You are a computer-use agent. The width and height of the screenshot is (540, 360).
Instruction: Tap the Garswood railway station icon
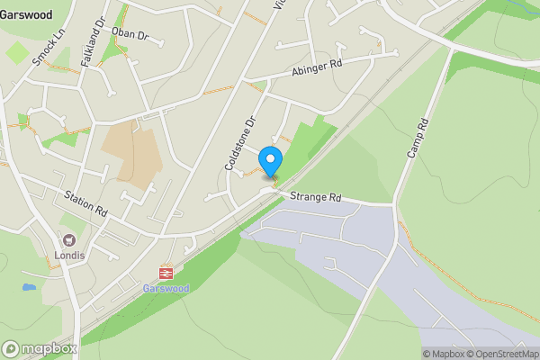166,272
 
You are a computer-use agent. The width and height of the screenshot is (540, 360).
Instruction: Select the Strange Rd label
310,197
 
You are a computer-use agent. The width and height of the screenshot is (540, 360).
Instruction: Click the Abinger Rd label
318,69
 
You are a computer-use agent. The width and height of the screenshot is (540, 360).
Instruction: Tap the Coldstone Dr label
241,143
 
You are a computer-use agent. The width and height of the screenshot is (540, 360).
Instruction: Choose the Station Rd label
85,202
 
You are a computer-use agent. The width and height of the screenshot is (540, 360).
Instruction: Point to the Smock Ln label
42,46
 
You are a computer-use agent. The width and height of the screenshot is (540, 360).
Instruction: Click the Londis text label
68,255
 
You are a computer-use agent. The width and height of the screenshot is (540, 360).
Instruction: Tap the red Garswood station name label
165,288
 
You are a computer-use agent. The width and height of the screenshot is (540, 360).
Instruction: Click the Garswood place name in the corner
25,15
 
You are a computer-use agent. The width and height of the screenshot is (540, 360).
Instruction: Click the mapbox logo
40,348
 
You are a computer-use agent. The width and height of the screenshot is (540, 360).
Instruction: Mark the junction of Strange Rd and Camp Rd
395,205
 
